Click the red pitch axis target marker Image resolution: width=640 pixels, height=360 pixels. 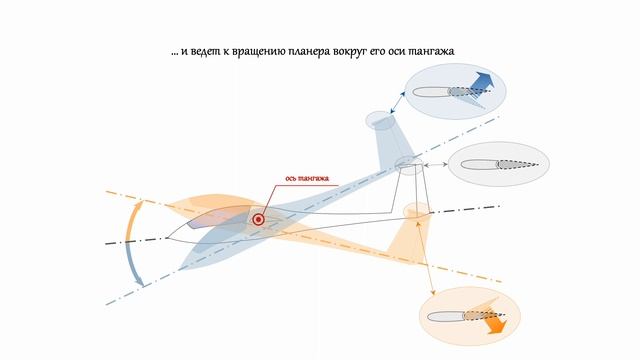coord(258,219)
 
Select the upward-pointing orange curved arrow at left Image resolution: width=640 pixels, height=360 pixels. coord(129,220)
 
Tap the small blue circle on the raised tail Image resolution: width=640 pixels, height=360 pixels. coord(379,121)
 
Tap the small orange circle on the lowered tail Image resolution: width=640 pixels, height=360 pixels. coord(416,210)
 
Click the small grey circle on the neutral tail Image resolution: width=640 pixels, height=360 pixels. coord(406,163)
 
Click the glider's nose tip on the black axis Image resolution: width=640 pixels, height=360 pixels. coord(164,241)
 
